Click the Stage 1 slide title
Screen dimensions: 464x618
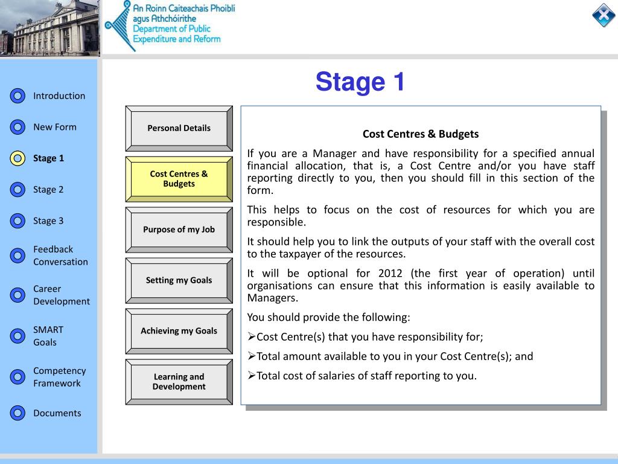(x=360, y=82)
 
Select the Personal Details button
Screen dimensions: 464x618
(x=179, y=128)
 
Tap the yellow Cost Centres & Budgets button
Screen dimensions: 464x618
(x=179, y=179)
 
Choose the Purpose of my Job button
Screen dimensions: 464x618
(x=179, y=230)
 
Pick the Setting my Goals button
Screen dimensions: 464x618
(x=179, y=280)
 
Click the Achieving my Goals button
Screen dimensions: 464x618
(x=179, y=331)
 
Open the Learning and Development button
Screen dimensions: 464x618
(x=179, y=382)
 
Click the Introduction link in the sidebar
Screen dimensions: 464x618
(x=59, y=95)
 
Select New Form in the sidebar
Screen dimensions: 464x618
(x=55, y=127)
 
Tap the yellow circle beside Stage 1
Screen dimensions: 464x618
(x=18, y=158)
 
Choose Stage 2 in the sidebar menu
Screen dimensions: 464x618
(x=48, y=190)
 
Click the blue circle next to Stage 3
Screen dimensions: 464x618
(x=18, y=221)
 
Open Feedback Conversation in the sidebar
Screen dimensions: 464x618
(x=60, y=256)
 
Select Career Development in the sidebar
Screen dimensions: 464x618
(x=61, y=295)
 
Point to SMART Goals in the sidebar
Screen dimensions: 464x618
(x=48, y=336)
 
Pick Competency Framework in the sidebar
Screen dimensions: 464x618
(x=59, y=377)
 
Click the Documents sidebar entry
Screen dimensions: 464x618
(x=57, y=413)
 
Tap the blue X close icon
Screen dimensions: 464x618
(x=603, y=15)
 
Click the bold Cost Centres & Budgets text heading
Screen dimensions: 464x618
(x=420, y=134)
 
